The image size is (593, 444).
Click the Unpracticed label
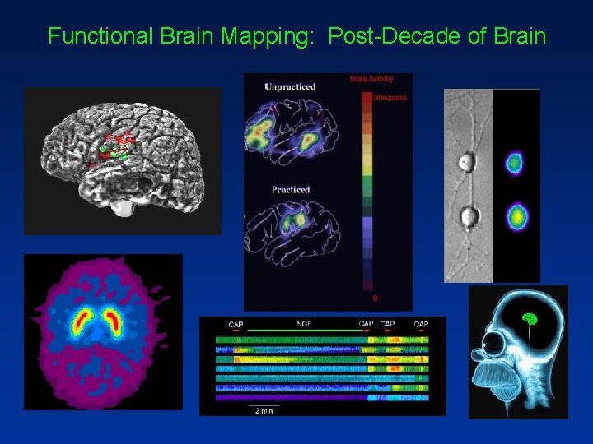290,86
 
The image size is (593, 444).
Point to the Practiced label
291,190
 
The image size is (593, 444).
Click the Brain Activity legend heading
371,79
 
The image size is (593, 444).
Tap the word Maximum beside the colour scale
390,98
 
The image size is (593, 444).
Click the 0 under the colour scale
376,297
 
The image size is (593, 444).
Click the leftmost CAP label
236,325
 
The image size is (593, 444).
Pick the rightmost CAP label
421,325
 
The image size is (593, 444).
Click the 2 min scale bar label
264,410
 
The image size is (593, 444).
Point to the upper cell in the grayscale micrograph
468,161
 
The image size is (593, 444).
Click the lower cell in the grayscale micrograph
469,217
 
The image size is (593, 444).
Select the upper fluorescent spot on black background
516,163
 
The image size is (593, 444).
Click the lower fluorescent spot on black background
516,217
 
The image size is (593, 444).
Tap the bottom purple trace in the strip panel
322,397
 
